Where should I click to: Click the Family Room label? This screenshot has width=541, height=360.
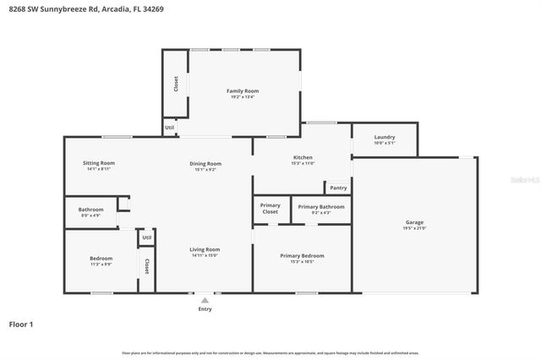(242, 90)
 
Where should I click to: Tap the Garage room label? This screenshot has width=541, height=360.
(414, 222)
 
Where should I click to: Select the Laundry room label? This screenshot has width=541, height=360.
(384, 137)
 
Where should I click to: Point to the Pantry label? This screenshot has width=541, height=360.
(338, 188)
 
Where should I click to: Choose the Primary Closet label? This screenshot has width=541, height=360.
(270, 208)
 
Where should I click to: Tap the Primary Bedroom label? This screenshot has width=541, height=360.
(302, 255)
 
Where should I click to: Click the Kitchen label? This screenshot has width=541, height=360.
(303, 157)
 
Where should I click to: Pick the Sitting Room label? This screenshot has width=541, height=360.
(98, 162)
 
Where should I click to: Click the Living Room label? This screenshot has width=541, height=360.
(205, 249)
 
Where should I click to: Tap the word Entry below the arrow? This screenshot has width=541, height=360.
(205, 308)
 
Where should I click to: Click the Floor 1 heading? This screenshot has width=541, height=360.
(20, 324)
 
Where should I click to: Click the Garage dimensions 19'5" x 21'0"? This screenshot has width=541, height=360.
(414, 228)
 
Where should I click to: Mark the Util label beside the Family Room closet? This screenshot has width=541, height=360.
(170, 128)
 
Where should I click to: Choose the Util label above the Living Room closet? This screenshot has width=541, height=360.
(146, 237)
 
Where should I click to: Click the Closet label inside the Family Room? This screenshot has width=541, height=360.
(176, 84)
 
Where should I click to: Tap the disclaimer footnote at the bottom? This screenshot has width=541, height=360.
(270, 352)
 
